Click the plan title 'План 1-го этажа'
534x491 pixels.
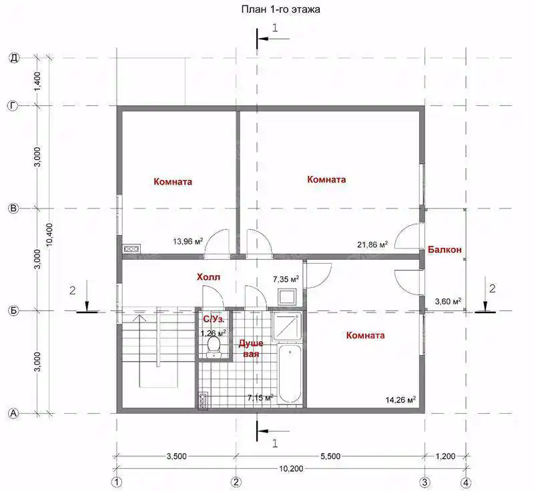280,9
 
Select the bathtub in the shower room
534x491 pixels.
290,374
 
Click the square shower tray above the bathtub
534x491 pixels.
288,326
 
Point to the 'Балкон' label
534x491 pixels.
445,250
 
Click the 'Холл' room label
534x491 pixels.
208,277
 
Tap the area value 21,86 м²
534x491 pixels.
372,245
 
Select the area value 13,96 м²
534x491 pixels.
188,241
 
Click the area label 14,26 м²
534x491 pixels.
400,400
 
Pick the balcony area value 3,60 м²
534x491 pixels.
448,301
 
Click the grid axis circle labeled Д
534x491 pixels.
13,58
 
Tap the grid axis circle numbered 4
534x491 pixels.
466,482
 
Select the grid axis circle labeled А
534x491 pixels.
13,414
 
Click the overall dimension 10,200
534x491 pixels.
291,469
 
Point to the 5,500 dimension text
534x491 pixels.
330,456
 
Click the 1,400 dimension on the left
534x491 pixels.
38,81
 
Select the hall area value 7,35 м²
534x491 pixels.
286,279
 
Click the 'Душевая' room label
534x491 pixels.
251,348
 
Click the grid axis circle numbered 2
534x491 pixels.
236,482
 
